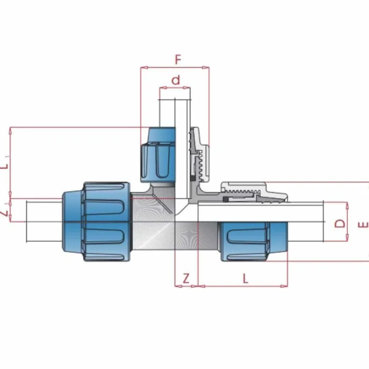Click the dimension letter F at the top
click(x=178, y=60)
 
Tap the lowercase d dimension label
click(x=176, y=80)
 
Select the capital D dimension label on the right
click(x=340, y=223)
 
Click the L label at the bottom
click(x=245, y=278)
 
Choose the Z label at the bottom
click(x=186, y=278)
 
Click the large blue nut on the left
click(x=96, y=222)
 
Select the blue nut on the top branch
click(x=158, y=155)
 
